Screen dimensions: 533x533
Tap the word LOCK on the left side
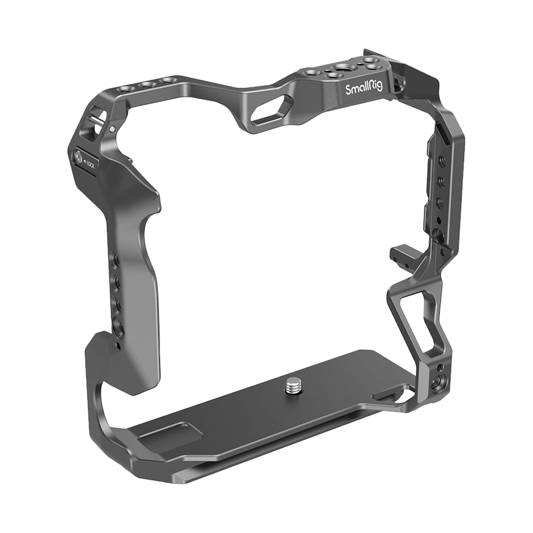pos(89,165)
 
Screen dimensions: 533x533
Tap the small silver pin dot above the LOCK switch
pos(112,129)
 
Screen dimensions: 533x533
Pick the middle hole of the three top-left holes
pos(146,84)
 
